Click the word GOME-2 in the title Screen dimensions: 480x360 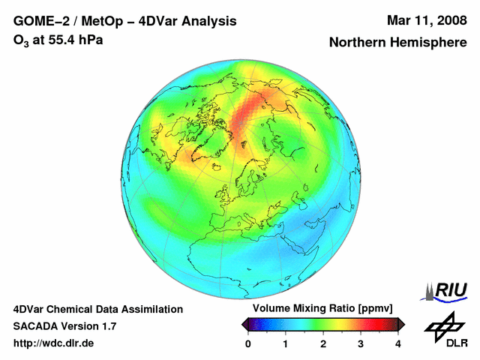(41, 22)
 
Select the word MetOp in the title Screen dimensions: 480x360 (102, 22)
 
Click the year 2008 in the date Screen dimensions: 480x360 (451, 21)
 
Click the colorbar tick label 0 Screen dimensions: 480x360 (248, 344)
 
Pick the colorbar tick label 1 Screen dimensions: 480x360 (285, 344)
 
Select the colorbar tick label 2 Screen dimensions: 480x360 (323, 344)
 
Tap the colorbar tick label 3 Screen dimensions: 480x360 (361, 344)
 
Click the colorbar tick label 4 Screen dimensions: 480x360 (398, 344)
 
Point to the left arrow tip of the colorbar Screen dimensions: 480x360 (241, 325)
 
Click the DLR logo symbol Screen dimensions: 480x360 (445, 327)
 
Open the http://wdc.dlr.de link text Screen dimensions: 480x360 (53, 343)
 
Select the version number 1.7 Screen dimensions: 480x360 (109, 326)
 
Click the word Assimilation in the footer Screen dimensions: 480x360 (153, 310)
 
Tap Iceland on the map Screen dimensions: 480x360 (217, 166)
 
